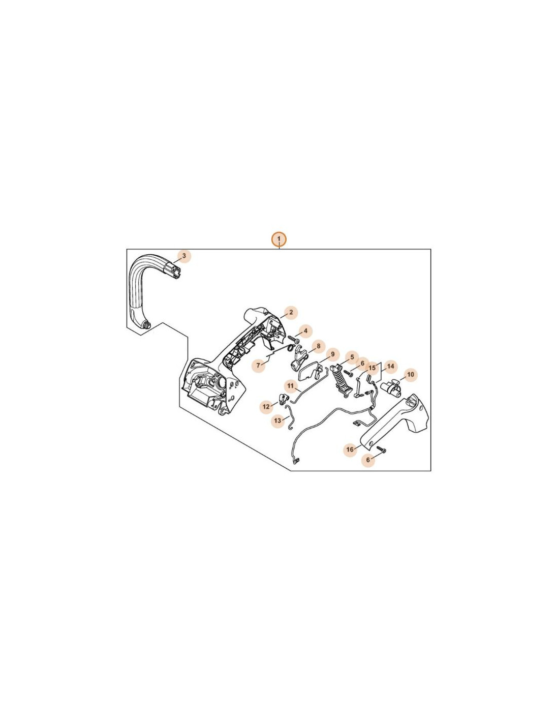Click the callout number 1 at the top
pos(279,239)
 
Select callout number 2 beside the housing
pos(291,312)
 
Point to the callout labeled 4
pos(305,330)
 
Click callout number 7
pos(258,366)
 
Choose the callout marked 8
pos(319,346)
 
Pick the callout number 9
pos(332,354)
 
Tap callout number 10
pos(410,375)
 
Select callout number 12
pos(266,407)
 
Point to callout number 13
pos(277,420)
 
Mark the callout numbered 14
pos(390,366)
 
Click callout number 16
pos(350,449)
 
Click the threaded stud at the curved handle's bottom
pos(147,325)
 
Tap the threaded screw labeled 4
pos(292,340)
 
